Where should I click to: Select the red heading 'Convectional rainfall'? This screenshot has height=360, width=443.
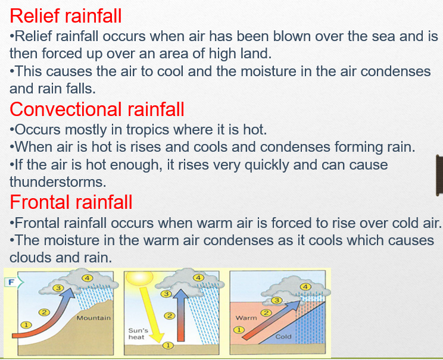(97, 109)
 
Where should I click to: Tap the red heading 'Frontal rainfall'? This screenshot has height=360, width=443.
(71, 202)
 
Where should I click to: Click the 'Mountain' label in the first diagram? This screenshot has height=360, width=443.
(93, 318)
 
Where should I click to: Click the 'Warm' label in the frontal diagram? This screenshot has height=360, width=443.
(246, 318)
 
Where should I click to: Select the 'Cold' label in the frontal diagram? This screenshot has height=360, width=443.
(283, 337)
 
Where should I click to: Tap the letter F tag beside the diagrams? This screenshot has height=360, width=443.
(10, 282)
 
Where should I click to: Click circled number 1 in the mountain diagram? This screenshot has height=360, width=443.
(25, 325)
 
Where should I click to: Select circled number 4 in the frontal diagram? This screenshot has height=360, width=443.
(306, 286)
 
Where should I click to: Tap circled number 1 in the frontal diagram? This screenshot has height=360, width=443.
(239, 328)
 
